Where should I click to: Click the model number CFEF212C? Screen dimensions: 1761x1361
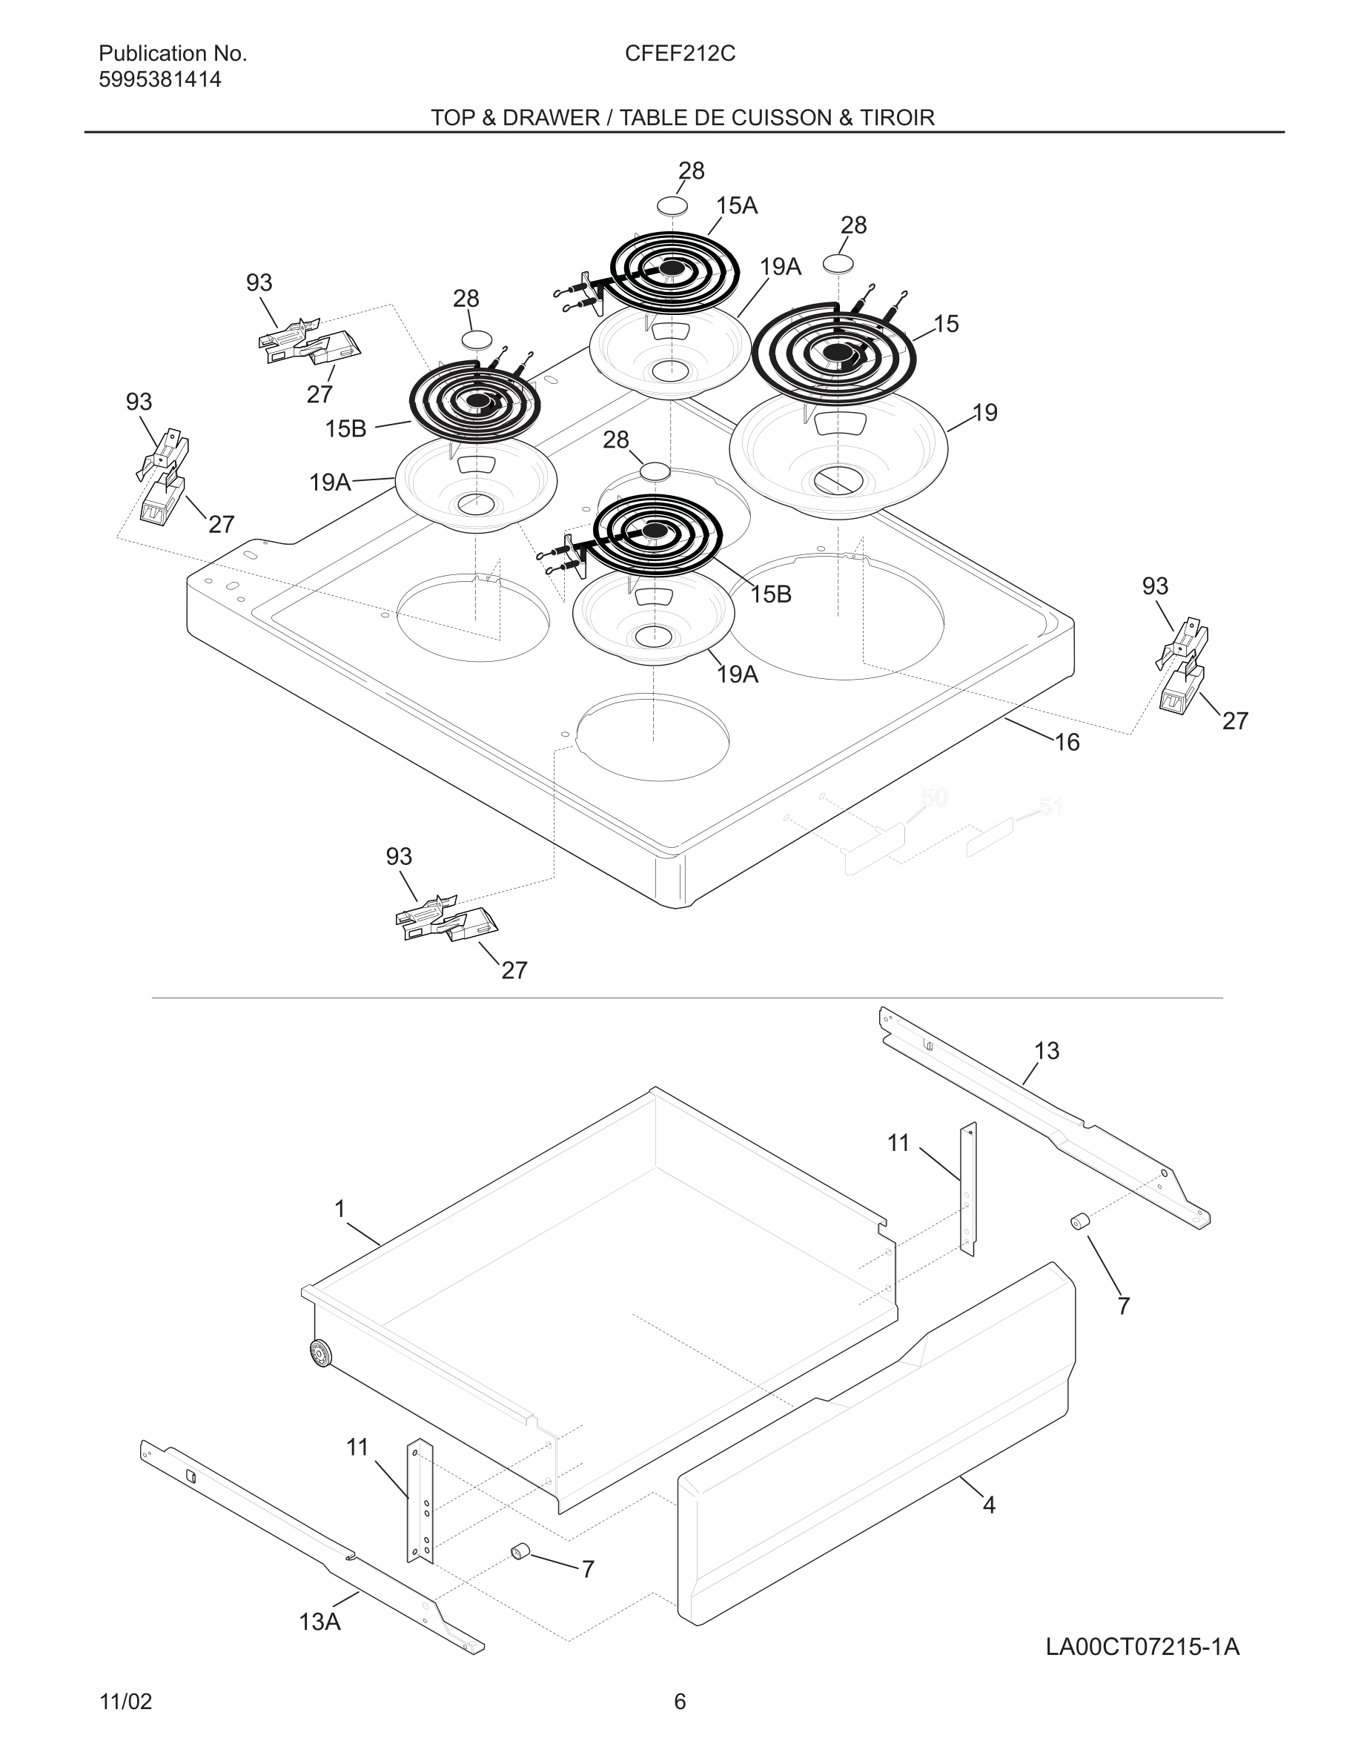(x=680, y=54)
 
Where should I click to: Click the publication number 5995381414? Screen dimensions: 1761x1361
(x=159, y=80)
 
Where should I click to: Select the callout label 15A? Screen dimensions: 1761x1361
(x=736, y=207)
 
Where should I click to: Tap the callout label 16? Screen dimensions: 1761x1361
(x=1067, y=743)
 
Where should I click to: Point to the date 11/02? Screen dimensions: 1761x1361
(x=125, y=1702)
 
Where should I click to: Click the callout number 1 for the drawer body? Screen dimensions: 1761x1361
(x=340, y=1209)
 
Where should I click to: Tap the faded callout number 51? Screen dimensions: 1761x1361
(x=1050, y=806)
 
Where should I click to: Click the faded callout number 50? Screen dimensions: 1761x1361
(x=934, y=797)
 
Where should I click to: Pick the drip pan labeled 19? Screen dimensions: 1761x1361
(x=838, y=456)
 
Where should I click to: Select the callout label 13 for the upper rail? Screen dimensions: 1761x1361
(x=1047, y=1052)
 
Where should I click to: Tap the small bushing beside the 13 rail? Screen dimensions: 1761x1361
(x=1078, y=1223)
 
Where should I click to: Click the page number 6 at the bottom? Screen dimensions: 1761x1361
(x=680, y=1702)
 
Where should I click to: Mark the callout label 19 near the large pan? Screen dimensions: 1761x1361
(x=984, y=413)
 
